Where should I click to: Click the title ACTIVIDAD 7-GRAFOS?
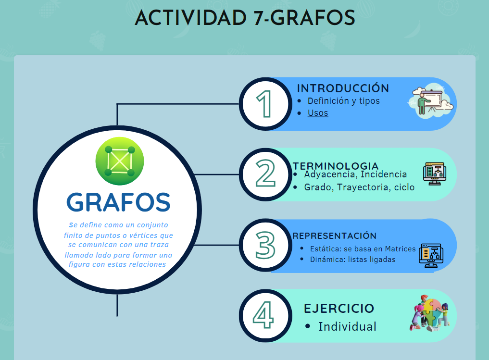point(245,17)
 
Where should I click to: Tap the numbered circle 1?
point(266,104)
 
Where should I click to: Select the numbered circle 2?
point(266,174)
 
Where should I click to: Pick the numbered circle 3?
point(266,245)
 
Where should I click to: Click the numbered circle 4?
point(266,316)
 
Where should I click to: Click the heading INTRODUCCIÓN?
point(343,88)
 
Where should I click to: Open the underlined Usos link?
point(318,113)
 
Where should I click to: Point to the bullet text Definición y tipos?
point(344,101)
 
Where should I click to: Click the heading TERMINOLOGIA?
point(336,166)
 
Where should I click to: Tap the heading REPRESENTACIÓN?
point(334,236)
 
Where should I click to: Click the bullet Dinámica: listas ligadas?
point(353,260)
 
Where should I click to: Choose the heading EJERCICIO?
point(339,309)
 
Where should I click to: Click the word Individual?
point(347,327)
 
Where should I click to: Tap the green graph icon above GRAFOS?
point(120,161)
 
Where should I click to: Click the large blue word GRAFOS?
point(118,202)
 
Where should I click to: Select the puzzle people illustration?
point(430,313)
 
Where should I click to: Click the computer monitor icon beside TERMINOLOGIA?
point(435,174)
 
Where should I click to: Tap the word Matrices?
point(400,248)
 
